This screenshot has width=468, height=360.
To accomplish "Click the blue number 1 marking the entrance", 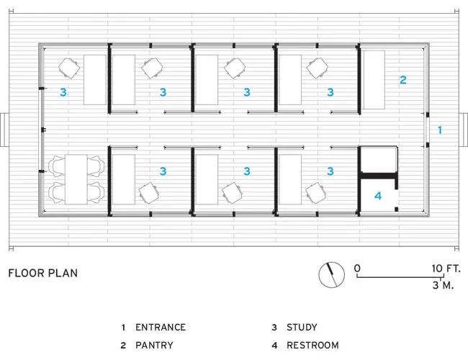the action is point(440,130).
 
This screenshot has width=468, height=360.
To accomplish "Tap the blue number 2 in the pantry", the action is point(403,80).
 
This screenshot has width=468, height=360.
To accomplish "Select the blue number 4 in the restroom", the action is point(378,196).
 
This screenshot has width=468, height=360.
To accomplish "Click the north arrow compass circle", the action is point(332,274).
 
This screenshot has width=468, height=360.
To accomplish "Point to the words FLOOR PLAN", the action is point(43,273).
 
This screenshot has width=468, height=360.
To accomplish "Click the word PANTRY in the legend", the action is point(154,346).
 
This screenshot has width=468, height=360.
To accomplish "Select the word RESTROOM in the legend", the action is point(312,346).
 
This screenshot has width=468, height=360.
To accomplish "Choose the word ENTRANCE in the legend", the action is point(161,327).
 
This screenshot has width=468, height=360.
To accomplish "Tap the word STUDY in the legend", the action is point(302,327).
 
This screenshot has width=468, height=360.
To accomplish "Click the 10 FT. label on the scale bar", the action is point(446,269).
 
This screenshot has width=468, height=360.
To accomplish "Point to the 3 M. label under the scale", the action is point(443,285).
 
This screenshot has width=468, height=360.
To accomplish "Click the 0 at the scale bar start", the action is point(357,269).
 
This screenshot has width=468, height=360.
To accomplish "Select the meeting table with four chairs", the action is point(76,179).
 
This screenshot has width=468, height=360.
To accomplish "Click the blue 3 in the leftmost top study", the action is point(63,92).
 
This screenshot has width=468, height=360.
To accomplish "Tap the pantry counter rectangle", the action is point(374,80).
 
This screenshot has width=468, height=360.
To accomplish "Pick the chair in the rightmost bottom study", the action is point(316,193).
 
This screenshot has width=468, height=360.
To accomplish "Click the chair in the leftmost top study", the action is point(69,68).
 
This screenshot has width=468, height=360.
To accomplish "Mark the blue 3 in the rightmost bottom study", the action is point(330,171).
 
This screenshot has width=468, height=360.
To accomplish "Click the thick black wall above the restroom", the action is point(379,176).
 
